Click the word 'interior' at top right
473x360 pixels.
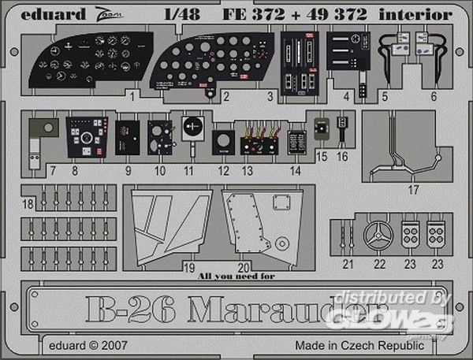(426, 14)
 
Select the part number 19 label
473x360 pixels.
(190, 267)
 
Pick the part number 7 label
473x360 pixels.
(52, 169)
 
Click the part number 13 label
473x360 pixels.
(246, 169)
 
